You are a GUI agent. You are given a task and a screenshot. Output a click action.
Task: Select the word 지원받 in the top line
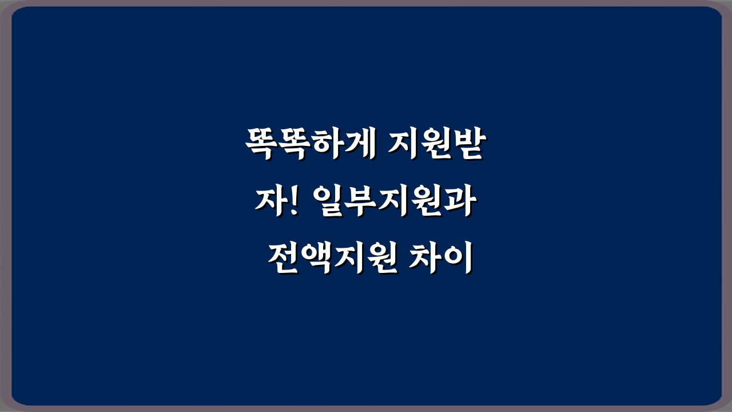pos(435,145)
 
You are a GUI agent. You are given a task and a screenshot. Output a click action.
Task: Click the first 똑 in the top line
pos(261,145)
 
